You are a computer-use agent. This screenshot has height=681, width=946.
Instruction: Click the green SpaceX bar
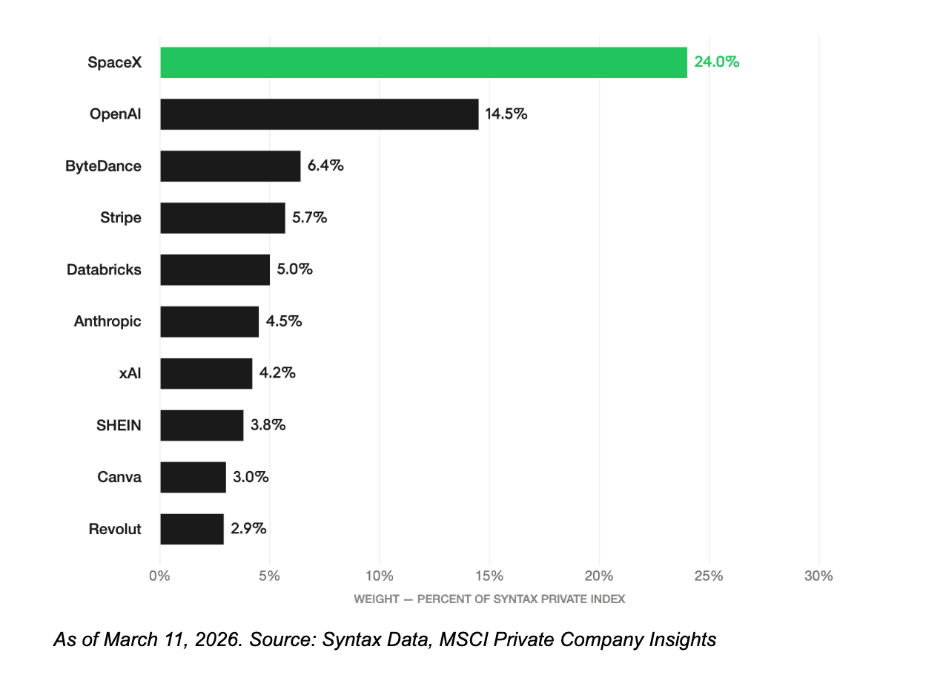click(x=423, y=62)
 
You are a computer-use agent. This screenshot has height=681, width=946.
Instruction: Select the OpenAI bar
click(x=320, y=114)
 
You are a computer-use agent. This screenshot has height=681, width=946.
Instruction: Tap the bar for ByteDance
click(x=230, y=166)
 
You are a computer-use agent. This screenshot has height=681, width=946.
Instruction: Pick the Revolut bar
click(x=192, y=529)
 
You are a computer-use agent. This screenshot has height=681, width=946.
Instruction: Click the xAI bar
click(x=206, y=373)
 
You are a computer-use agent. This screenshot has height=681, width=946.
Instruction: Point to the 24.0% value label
click(x=717, y=62)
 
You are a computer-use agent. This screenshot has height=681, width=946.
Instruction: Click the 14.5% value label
click(x=506, y=114)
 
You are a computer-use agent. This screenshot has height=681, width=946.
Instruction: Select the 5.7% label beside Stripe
click(x=310, y=217)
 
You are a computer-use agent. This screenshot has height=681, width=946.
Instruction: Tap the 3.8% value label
click(x=268, y=425)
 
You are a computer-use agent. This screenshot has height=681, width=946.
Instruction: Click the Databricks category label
click(x=104, y=269)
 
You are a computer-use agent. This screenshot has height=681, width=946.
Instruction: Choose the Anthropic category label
click(x=107, y=321)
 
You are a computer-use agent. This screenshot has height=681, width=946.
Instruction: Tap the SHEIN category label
click(x=119, y=425)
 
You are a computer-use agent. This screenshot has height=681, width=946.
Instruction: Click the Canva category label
click(x=119, y=477)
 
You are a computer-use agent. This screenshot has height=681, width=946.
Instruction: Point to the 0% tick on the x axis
click(x=159, y=576)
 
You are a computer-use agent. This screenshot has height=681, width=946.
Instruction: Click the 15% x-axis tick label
click(x=489, y=576)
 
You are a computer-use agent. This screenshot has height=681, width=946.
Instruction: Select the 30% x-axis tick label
click(x=819, y=576)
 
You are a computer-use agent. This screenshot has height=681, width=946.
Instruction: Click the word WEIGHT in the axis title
click(x=377, y=599)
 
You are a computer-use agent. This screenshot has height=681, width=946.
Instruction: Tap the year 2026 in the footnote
click(x=216, y=639)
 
